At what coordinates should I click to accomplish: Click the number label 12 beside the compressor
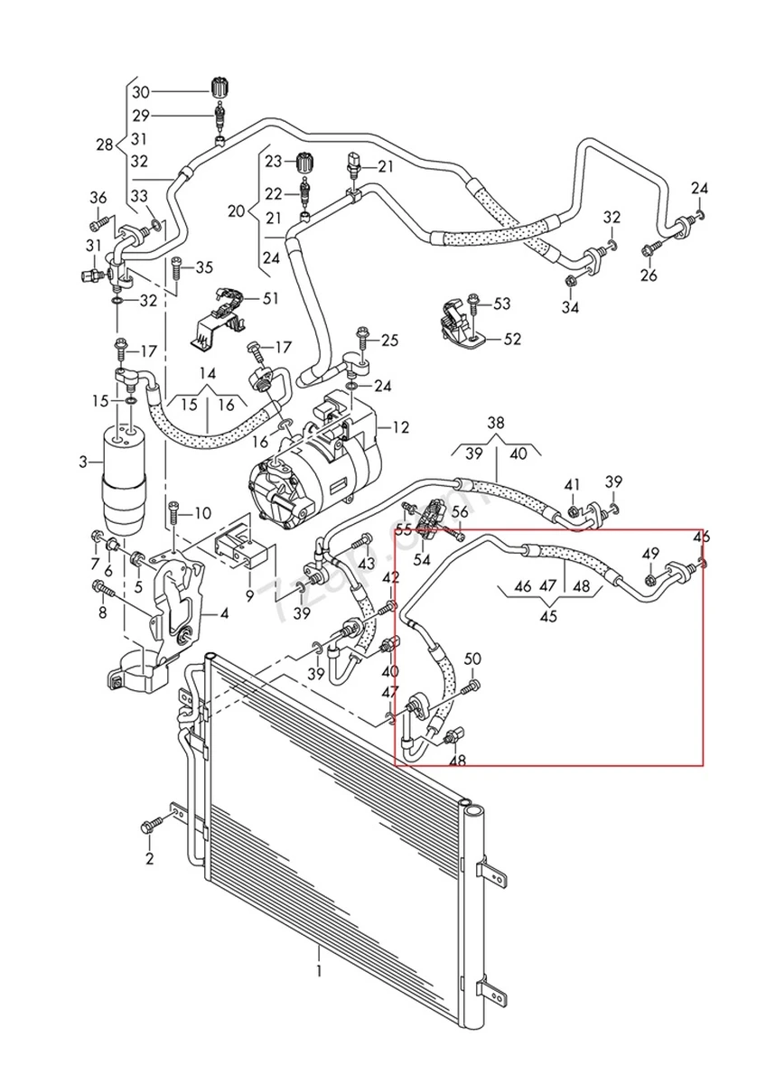[400, 426]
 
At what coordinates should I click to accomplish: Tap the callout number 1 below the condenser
[318, 971]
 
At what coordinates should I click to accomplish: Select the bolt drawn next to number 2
[154, 824]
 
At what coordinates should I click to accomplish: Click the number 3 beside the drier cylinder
[83, 463]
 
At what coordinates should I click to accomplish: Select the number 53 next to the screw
[501, 304]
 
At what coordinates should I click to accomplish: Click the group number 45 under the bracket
[547, 618]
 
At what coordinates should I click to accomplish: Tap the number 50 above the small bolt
[473, 659]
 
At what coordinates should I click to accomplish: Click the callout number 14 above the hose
[208, 373]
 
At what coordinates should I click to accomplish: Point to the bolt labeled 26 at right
[649, 249]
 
